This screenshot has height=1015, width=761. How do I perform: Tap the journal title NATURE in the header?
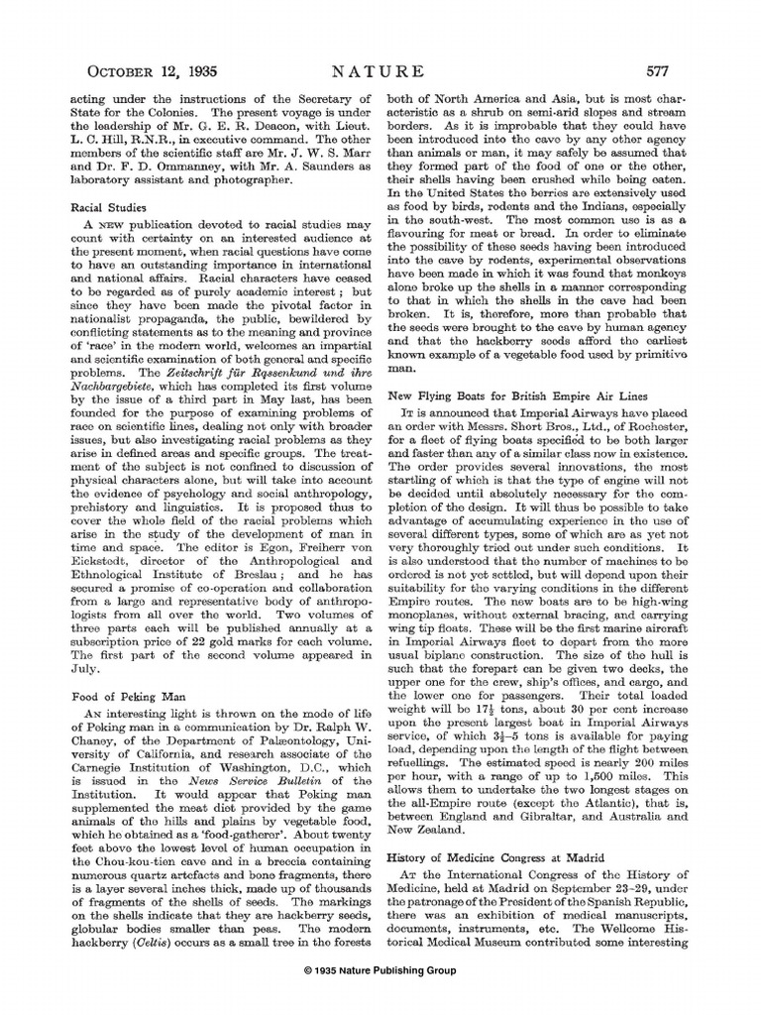tap(379, 71)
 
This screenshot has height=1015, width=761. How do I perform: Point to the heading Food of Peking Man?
tap(121, 697)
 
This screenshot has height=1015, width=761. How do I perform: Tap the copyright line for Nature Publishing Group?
tap(380, 970)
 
